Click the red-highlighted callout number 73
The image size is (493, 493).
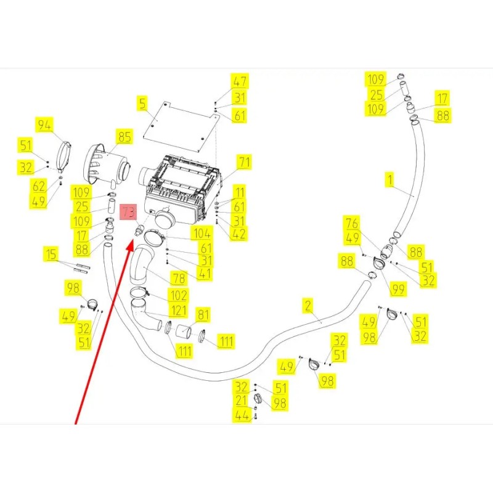pos(128,212)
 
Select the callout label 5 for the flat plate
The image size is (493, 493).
pos(143,104)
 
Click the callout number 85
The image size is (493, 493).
pos(124,137)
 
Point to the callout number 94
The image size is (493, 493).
pos(44,125)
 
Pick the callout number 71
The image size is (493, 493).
pos(244,162)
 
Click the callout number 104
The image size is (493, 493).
pos(202,234)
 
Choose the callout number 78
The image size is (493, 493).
pos(179,279)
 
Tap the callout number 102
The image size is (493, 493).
pos(178,296)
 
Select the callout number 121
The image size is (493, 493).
pos(179,311)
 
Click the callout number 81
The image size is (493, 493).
pos(203,315)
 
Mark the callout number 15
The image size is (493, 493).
pos(51,254)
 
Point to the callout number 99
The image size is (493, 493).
pos(397,288)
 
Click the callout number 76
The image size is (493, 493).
pos(352,223)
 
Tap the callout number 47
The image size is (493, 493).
pos(240,81)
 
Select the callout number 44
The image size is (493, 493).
pos(242,415)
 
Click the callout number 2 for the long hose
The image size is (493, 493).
pos(308,306)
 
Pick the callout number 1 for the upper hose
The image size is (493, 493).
pos(390,180)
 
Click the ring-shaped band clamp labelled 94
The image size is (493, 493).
pos(65,157)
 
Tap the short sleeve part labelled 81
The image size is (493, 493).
pos(183,332)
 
